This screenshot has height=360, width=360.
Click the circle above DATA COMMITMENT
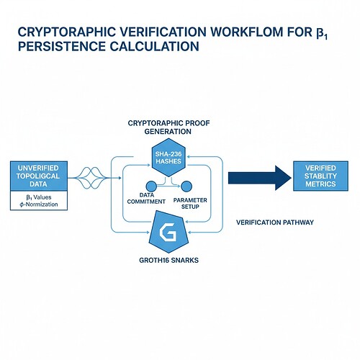[x=152, y=187]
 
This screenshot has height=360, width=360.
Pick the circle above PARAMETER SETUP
[x=186, y=187]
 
